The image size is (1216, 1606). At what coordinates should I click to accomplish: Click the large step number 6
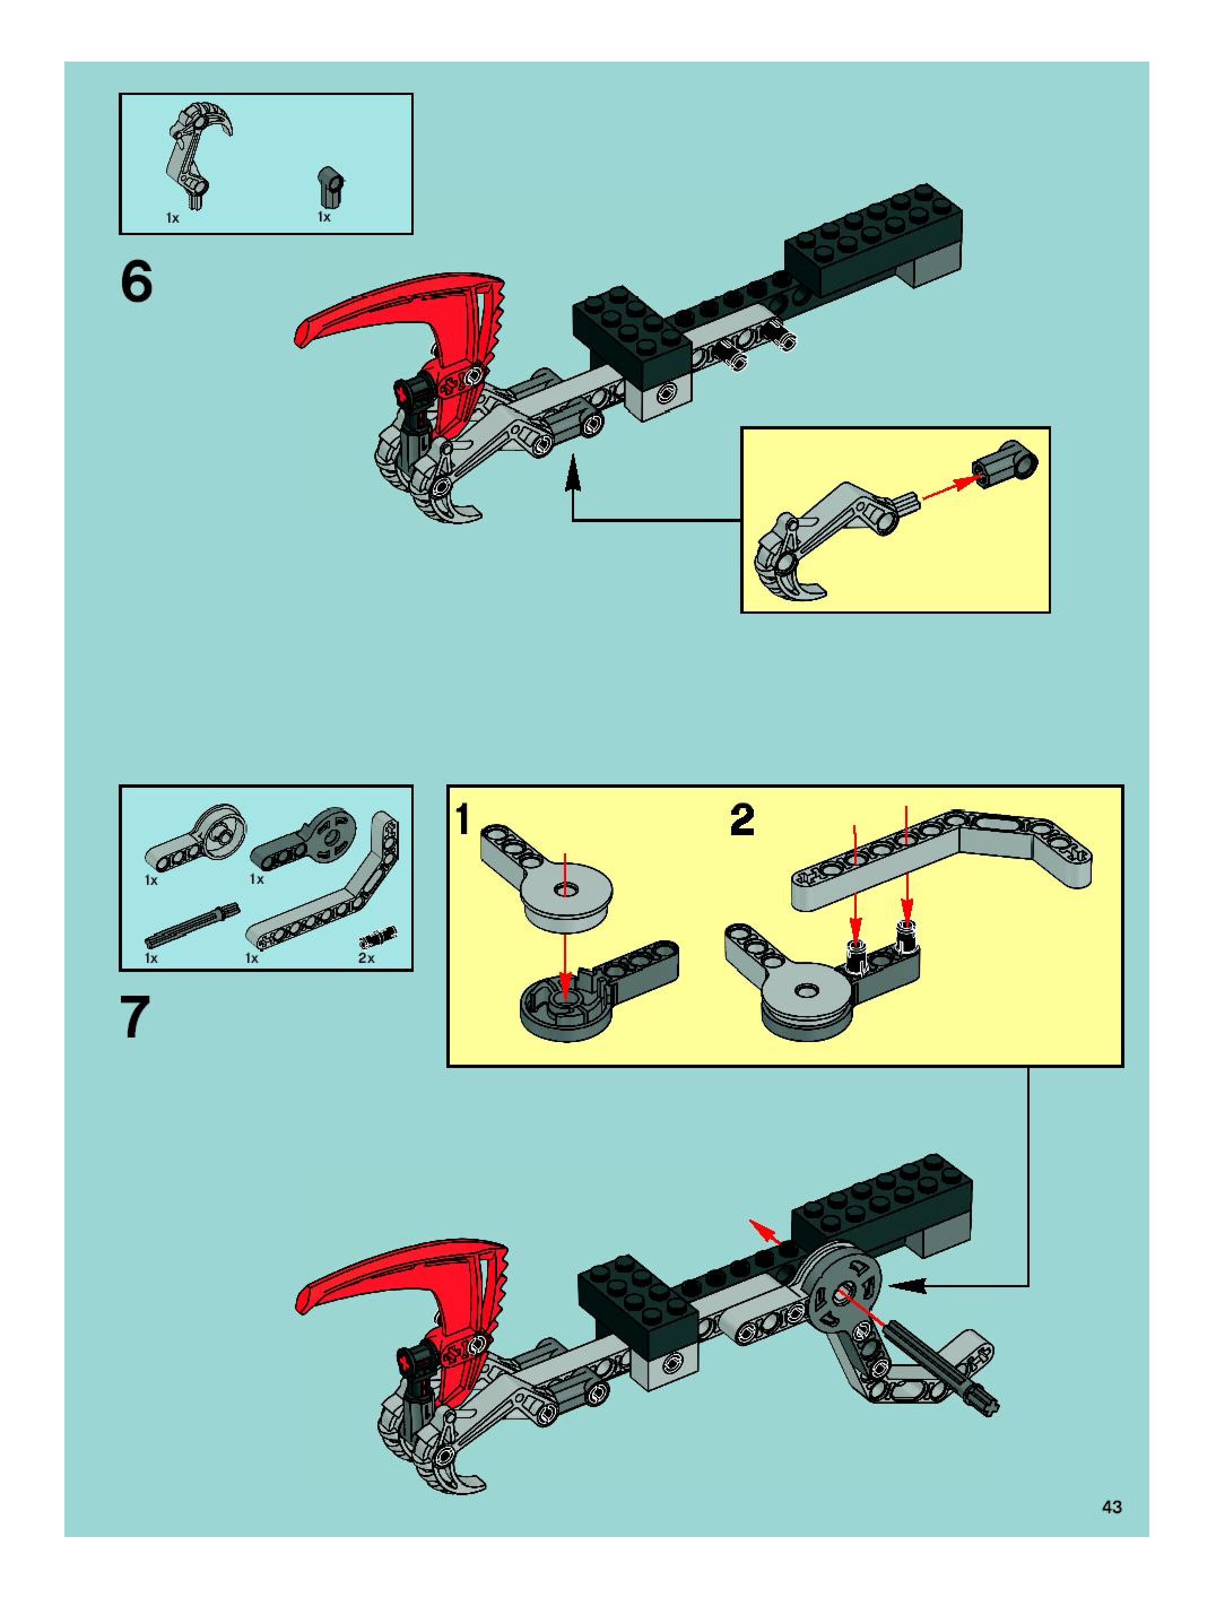click(x=137, y=282)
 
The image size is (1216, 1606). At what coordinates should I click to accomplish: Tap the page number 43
click(x=1111, y=1507)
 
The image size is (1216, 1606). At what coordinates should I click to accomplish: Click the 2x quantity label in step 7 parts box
click(x=367, y=958)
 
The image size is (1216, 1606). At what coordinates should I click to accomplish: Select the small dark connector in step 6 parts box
click(x=331, y=186)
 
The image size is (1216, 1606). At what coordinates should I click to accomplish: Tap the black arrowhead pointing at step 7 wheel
click(x=907, y=1286)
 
